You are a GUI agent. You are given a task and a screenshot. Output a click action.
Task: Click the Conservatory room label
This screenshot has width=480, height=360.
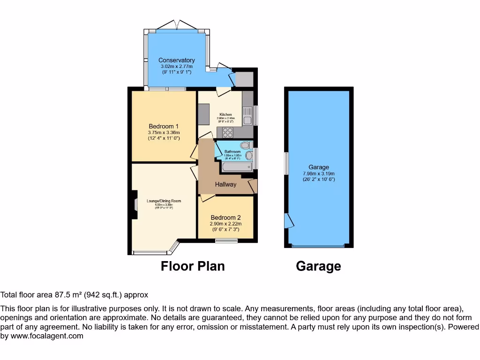[176, 60]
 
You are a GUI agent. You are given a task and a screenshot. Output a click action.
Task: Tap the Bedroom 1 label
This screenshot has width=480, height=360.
[164, 126]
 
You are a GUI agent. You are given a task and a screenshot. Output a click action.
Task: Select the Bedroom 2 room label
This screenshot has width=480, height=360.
[225, 217]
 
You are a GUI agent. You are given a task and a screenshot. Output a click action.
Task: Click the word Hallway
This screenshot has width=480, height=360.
[225, 185]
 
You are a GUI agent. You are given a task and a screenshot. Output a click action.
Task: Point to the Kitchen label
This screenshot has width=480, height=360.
[225, 115]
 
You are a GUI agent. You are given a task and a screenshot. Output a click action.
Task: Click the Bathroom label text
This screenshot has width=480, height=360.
[232, 152]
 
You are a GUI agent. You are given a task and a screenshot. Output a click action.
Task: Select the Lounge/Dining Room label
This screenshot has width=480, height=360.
[164, 201]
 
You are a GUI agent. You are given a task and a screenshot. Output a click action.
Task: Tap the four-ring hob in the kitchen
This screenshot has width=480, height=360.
[228, 132]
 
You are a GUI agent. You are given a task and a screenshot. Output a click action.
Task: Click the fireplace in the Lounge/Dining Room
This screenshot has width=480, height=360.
[135, 204]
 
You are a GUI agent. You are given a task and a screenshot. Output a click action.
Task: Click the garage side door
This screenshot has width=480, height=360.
[289, 221]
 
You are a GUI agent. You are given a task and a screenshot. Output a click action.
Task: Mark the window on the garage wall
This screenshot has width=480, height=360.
[286, 163]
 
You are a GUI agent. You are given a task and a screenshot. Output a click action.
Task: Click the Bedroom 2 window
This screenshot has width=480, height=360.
[225, 241]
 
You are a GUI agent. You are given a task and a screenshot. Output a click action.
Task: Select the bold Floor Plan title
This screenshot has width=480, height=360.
[193, 266]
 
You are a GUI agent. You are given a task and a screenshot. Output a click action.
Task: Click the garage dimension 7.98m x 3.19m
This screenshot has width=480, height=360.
[318, 173]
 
